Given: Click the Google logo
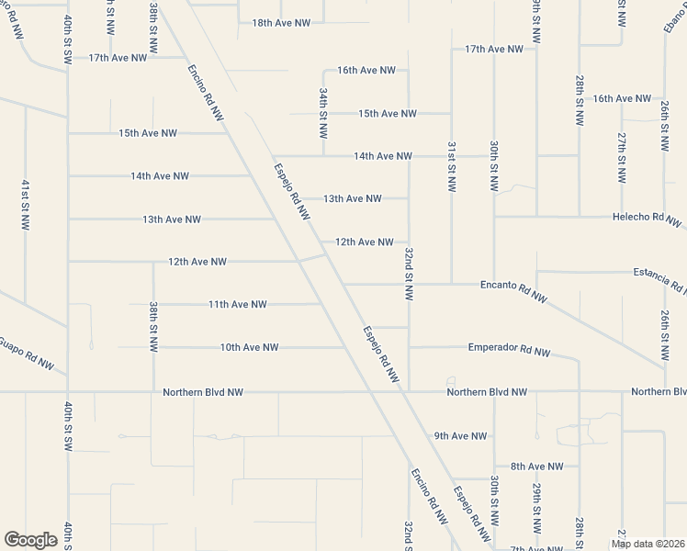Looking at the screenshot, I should (30, 540).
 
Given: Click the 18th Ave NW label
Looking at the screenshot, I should (281, 23).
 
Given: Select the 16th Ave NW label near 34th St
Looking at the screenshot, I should (366, 70).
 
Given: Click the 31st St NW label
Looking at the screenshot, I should (452, 166).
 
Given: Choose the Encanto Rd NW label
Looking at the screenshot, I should (514, 287).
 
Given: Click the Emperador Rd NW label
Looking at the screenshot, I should (509, 350).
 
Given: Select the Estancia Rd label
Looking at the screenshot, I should (659, 274).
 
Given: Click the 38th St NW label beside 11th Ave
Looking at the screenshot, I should (153, 325).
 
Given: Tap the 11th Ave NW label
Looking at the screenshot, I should (237, 304).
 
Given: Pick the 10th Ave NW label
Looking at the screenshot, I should (249, 347).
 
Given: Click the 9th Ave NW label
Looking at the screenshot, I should (460, 436).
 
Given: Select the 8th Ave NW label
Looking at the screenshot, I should (537, 467).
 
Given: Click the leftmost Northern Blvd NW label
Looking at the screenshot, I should (203, 392).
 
